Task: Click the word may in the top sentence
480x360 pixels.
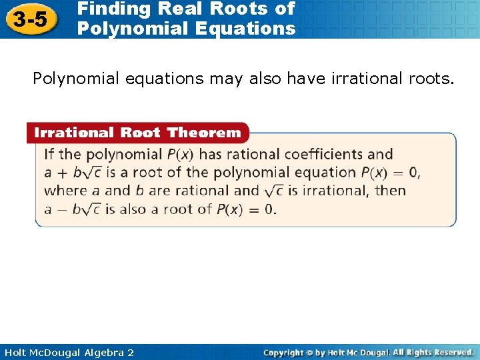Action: pos(229,79)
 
